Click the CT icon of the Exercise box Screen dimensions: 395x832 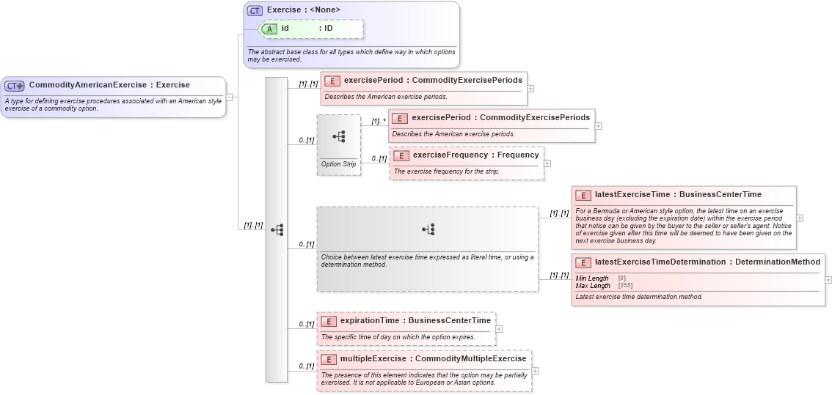coord(255,10)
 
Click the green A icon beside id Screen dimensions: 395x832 coord(270,29)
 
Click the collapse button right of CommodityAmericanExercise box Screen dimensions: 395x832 coord(230,97)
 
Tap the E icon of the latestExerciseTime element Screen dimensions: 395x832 coord(583,195)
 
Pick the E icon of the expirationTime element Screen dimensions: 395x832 coord(329,321)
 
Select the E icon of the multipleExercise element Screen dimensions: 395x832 coord(329,359)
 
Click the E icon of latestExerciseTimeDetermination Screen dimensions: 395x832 coord(583,262)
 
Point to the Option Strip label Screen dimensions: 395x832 coord(338,164)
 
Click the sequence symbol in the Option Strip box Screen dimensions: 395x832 coord(339,136)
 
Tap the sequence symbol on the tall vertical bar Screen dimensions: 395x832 coord(277,229)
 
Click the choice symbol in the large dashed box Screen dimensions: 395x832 coord(428,229)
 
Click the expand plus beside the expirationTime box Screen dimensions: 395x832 coord(500,329)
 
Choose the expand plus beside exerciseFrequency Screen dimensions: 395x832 coord(547,163)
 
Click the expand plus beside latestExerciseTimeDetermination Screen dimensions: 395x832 coord(828,279)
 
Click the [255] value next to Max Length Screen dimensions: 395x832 coord(625,286)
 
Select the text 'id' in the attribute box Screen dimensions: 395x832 coord(285,29)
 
